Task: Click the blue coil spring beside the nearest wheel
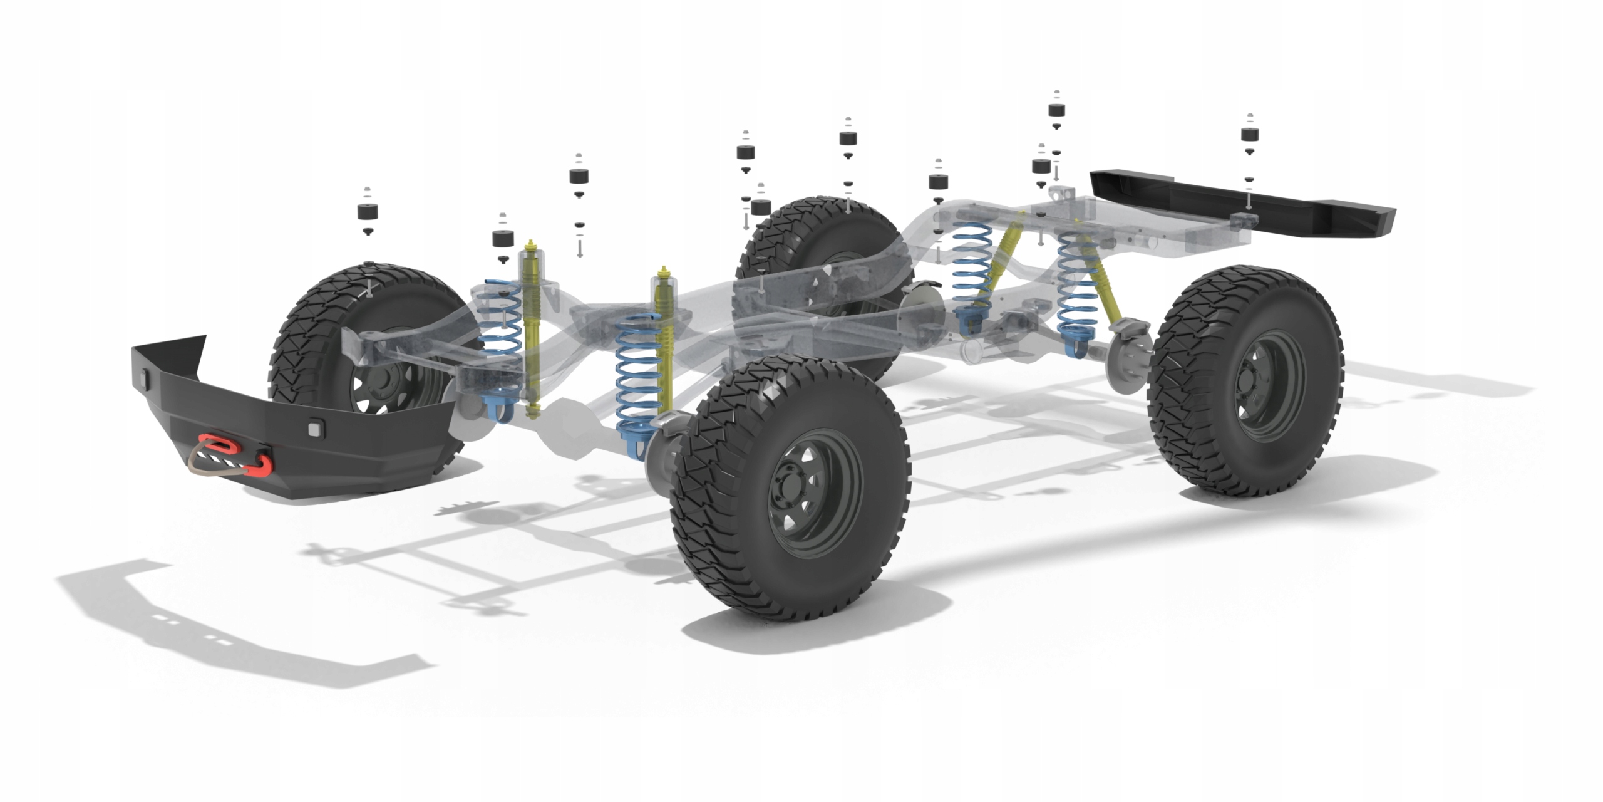click(x=637, y=382)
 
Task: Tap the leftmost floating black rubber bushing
click(x=369, y=211)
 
